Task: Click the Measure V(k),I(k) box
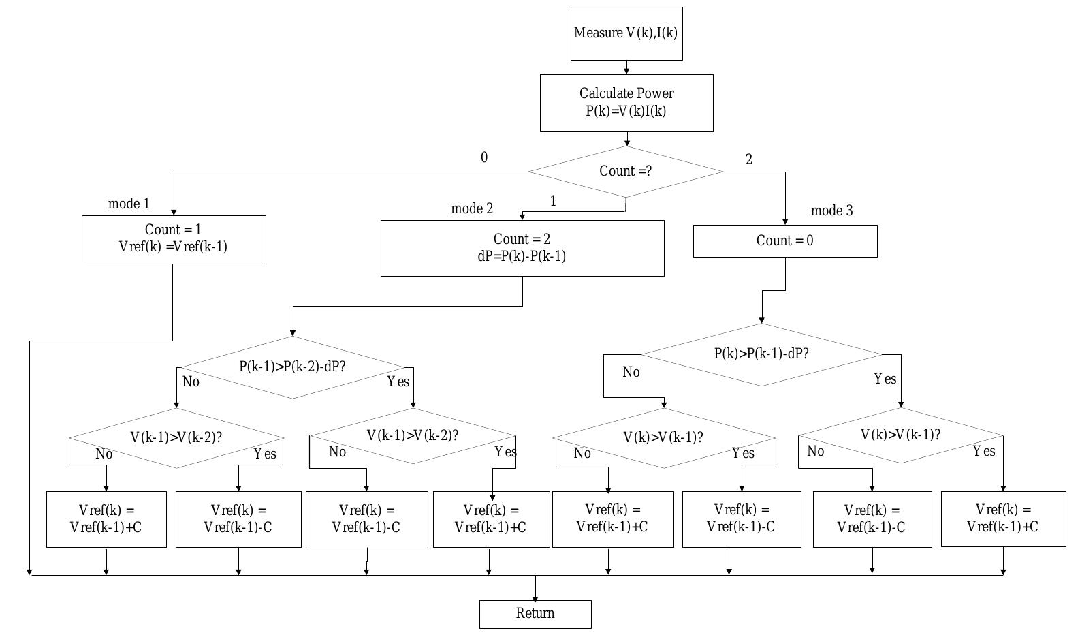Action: click(626, 33)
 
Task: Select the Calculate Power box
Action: click(626, 103)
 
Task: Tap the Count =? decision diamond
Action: click(625, 172)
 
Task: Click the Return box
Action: click(535, 614)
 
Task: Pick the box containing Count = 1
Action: click(174, 238)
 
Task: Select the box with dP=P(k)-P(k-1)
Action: click(522, 248)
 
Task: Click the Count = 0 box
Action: click(784, 241)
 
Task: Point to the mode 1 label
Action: click(129, 204)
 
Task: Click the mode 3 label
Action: click(831, 211)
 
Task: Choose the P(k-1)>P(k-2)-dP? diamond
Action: click(292, 367)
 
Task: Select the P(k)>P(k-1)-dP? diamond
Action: click(761, 354)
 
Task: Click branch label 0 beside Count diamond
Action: click(484, 158)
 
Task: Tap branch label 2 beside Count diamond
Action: click(749, 160)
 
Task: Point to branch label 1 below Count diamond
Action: click(553, 202)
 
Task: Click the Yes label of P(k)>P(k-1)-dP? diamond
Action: click(885, 379)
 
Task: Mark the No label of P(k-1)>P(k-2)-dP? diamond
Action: click(191, 382)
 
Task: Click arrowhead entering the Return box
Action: click(535, 597)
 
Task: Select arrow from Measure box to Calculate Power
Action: click(626, 67)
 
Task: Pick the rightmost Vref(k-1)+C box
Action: click(1002, 518)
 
